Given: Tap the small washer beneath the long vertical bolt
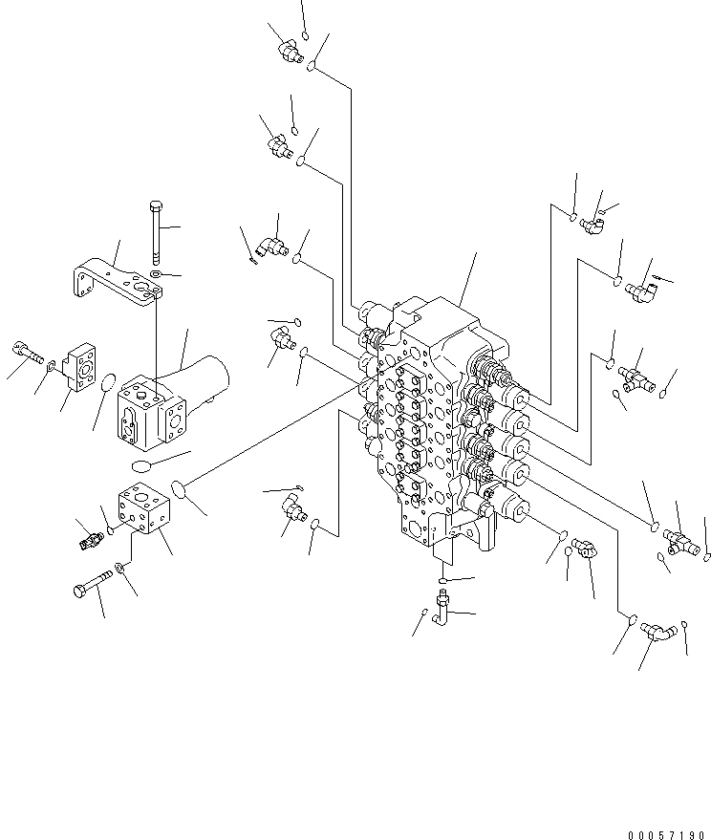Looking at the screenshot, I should pos(156,275).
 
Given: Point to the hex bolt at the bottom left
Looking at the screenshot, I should pos(91,586).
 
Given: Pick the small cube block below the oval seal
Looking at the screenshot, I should pos(141,513).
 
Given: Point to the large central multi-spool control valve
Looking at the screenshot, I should pos(440,411).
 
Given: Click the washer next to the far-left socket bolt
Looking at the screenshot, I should pos(49,366).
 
